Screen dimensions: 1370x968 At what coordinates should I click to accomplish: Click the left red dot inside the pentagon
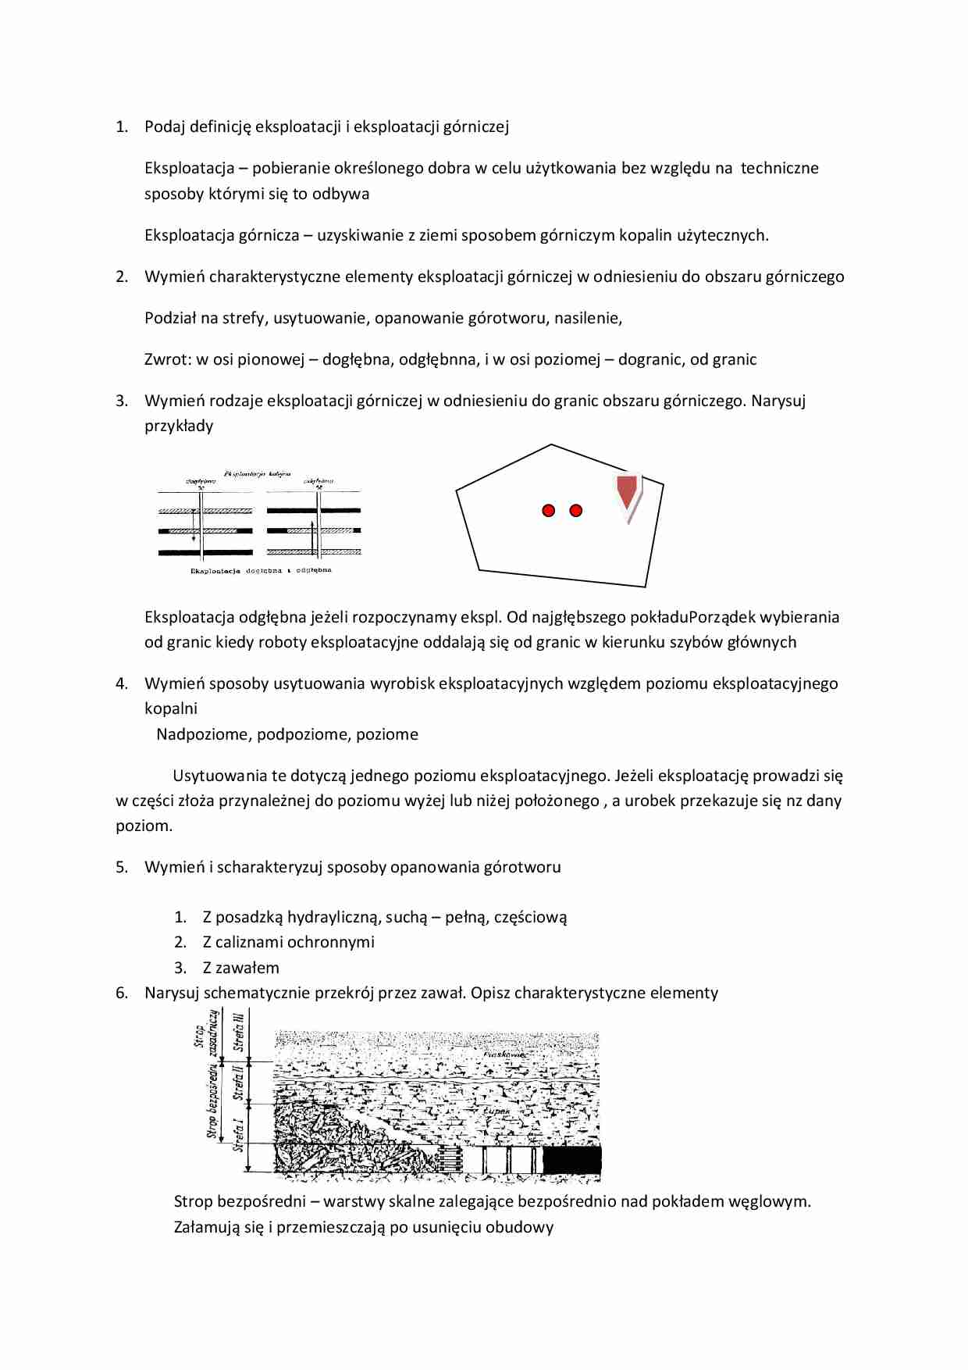click(548, 510)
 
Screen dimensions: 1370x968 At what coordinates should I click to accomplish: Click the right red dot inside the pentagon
click(576, 510)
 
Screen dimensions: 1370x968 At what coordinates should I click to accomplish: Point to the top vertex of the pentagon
click(552, 444)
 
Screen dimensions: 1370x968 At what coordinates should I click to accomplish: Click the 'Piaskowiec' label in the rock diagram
click(505, 1054)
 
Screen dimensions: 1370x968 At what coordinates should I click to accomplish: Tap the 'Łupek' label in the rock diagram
click(496, 1110)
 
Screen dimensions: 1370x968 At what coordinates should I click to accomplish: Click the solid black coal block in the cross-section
click(571, 1160)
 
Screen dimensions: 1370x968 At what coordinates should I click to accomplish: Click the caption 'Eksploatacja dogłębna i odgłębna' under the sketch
click(261, 571)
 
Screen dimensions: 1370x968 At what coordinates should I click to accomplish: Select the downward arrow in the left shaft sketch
click(194, 527)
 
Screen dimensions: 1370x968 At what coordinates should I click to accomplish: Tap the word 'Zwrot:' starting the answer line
click(167, 359)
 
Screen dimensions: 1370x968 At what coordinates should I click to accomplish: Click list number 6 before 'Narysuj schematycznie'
click(122, 993)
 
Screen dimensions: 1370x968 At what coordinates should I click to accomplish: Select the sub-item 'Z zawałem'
click(240, 968)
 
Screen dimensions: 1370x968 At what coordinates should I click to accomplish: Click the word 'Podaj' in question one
click(165, 127)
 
